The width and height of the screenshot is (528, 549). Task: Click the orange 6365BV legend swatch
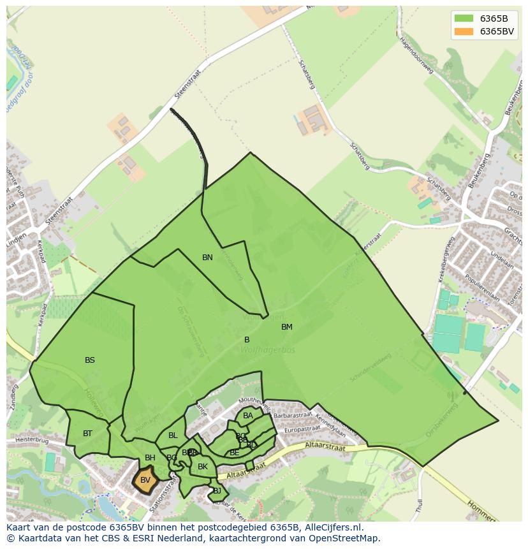(x=464, y=31)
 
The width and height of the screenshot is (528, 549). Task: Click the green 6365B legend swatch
(x=464, y=18)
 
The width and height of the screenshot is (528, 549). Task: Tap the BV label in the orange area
(x=145, y=480)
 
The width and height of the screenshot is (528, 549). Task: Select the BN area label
(x=207, y=258)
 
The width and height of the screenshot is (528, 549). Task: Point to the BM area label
(x=287, y=327)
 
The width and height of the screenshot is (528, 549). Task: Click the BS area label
(x=90, y=360)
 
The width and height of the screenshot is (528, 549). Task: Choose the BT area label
(x=87, y=434)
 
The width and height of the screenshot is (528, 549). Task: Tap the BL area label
(x=173, y=436)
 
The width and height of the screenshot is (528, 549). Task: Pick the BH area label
(x=150, y=458)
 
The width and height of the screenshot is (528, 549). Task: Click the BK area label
(x=203, y=467)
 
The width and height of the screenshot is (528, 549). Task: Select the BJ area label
(x=217, y=490)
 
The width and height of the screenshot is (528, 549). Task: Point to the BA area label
(x=248, y=416)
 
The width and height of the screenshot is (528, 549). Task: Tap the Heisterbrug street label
(x=33, y=440)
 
